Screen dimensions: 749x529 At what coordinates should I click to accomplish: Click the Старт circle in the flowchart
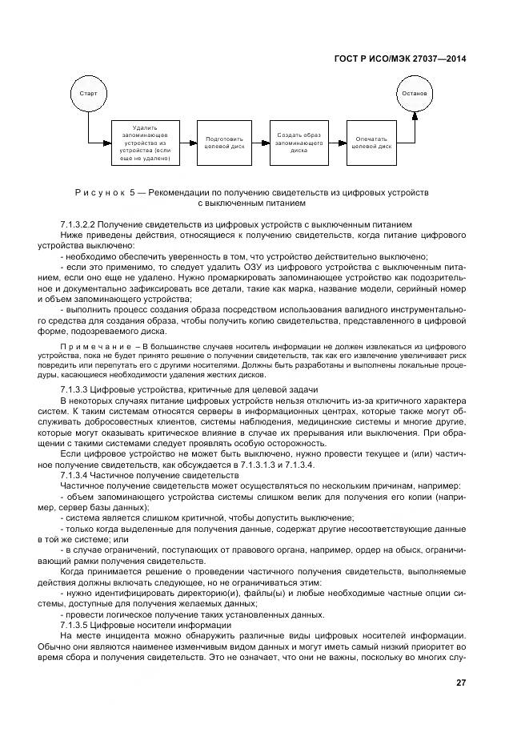pyautogui.click(x=88, y=94)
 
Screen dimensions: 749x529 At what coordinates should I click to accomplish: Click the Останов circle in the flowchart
pyautogui.click(x=415, y=94)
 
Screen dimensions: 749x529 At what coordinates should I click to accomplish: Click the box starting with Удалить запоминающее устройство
pyautogui.click(x=145, y=143)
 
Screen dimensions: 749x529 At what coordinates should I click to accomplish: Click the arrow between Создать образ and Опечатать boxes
pyautogui.click(x=337, y=143)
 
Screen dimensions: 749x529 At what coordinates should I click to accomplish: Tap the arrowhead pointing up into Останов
pyautogui.click(x=415, y=117)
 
